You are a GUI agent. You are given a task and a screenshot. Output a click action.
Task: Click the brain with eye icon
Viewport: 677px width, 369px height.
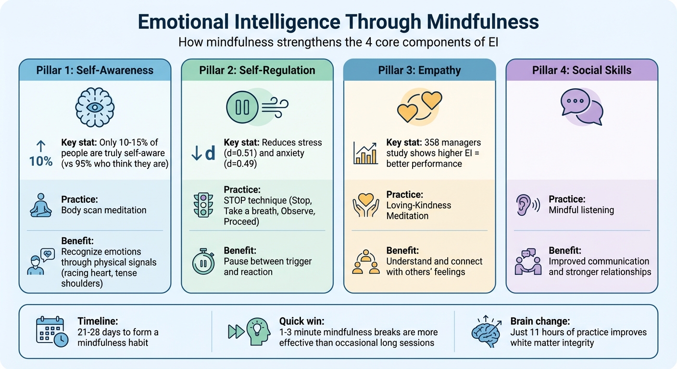95,107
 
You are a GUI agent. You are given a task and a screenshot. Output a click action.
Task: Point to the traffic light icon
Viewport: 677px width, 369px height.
202,205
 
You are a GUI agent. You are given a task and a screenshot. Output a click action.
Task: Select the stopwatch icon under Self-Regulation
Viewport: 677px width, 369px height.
202,261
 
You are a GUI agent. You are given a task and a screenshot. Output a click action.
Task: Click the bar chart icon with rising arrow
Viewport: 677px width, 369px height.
365,153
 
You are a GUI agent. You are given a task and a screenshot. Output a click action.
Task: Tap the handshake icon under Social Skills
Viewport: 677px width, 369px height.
528,262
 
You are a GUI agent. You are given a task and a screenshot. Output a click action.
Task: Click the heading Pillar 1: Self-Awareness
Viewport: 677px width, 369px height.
95,70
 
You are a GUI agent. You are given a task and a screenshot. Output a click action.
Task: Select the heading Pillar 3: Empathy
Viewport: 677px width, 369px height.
419,70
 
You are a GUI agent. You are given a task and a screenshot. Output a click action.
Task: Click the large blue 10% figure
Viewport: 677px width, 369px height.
41,161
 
